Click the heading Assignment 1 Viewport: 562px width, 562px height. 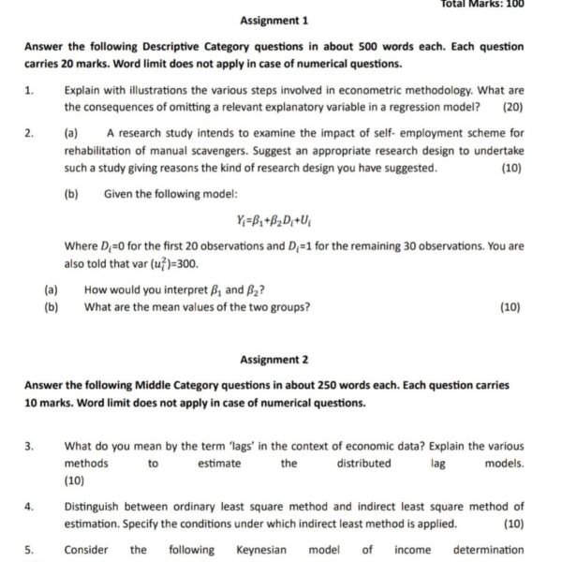click(274, 21)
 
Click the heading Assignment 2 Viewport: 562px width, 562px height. click(274, 360)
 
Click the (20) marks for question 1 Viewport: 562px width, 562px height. click(512, 107)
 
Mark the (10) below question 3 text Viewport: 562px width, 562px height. click(75, 481)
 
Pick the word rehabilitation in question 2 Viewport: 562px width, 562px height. click(101, 151)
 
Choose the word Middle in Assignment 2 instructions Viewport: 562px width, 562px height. click(153, 385)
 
